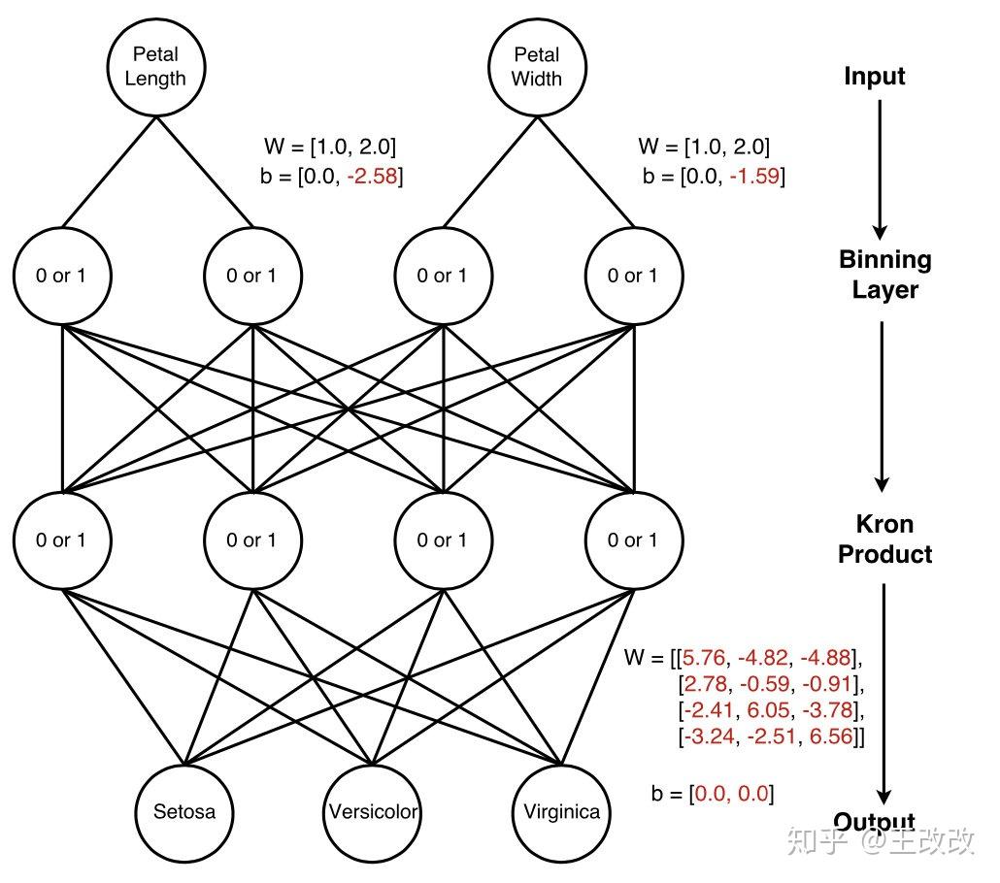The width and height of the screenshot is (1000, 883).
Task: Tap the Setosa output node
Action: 184,811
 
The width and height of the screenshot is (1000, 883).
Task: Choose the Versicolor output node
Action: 373,811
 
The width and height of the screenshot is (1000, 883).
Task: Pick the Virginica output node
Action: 561,811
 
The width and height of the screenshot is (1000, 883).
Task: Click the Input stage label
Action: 874,77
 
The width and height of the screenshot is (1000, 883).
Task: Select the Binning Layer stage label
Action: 884,275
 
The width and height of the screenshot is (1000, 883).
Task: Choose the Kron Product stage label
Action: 884,539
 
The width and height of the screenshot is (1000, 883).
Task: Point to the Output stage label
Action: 874,823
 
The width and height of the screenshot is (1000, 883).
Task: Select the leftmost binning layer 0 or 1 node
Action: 62,276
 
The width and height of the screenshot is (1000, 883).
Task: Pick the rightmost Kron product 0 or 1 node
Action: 632,540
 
